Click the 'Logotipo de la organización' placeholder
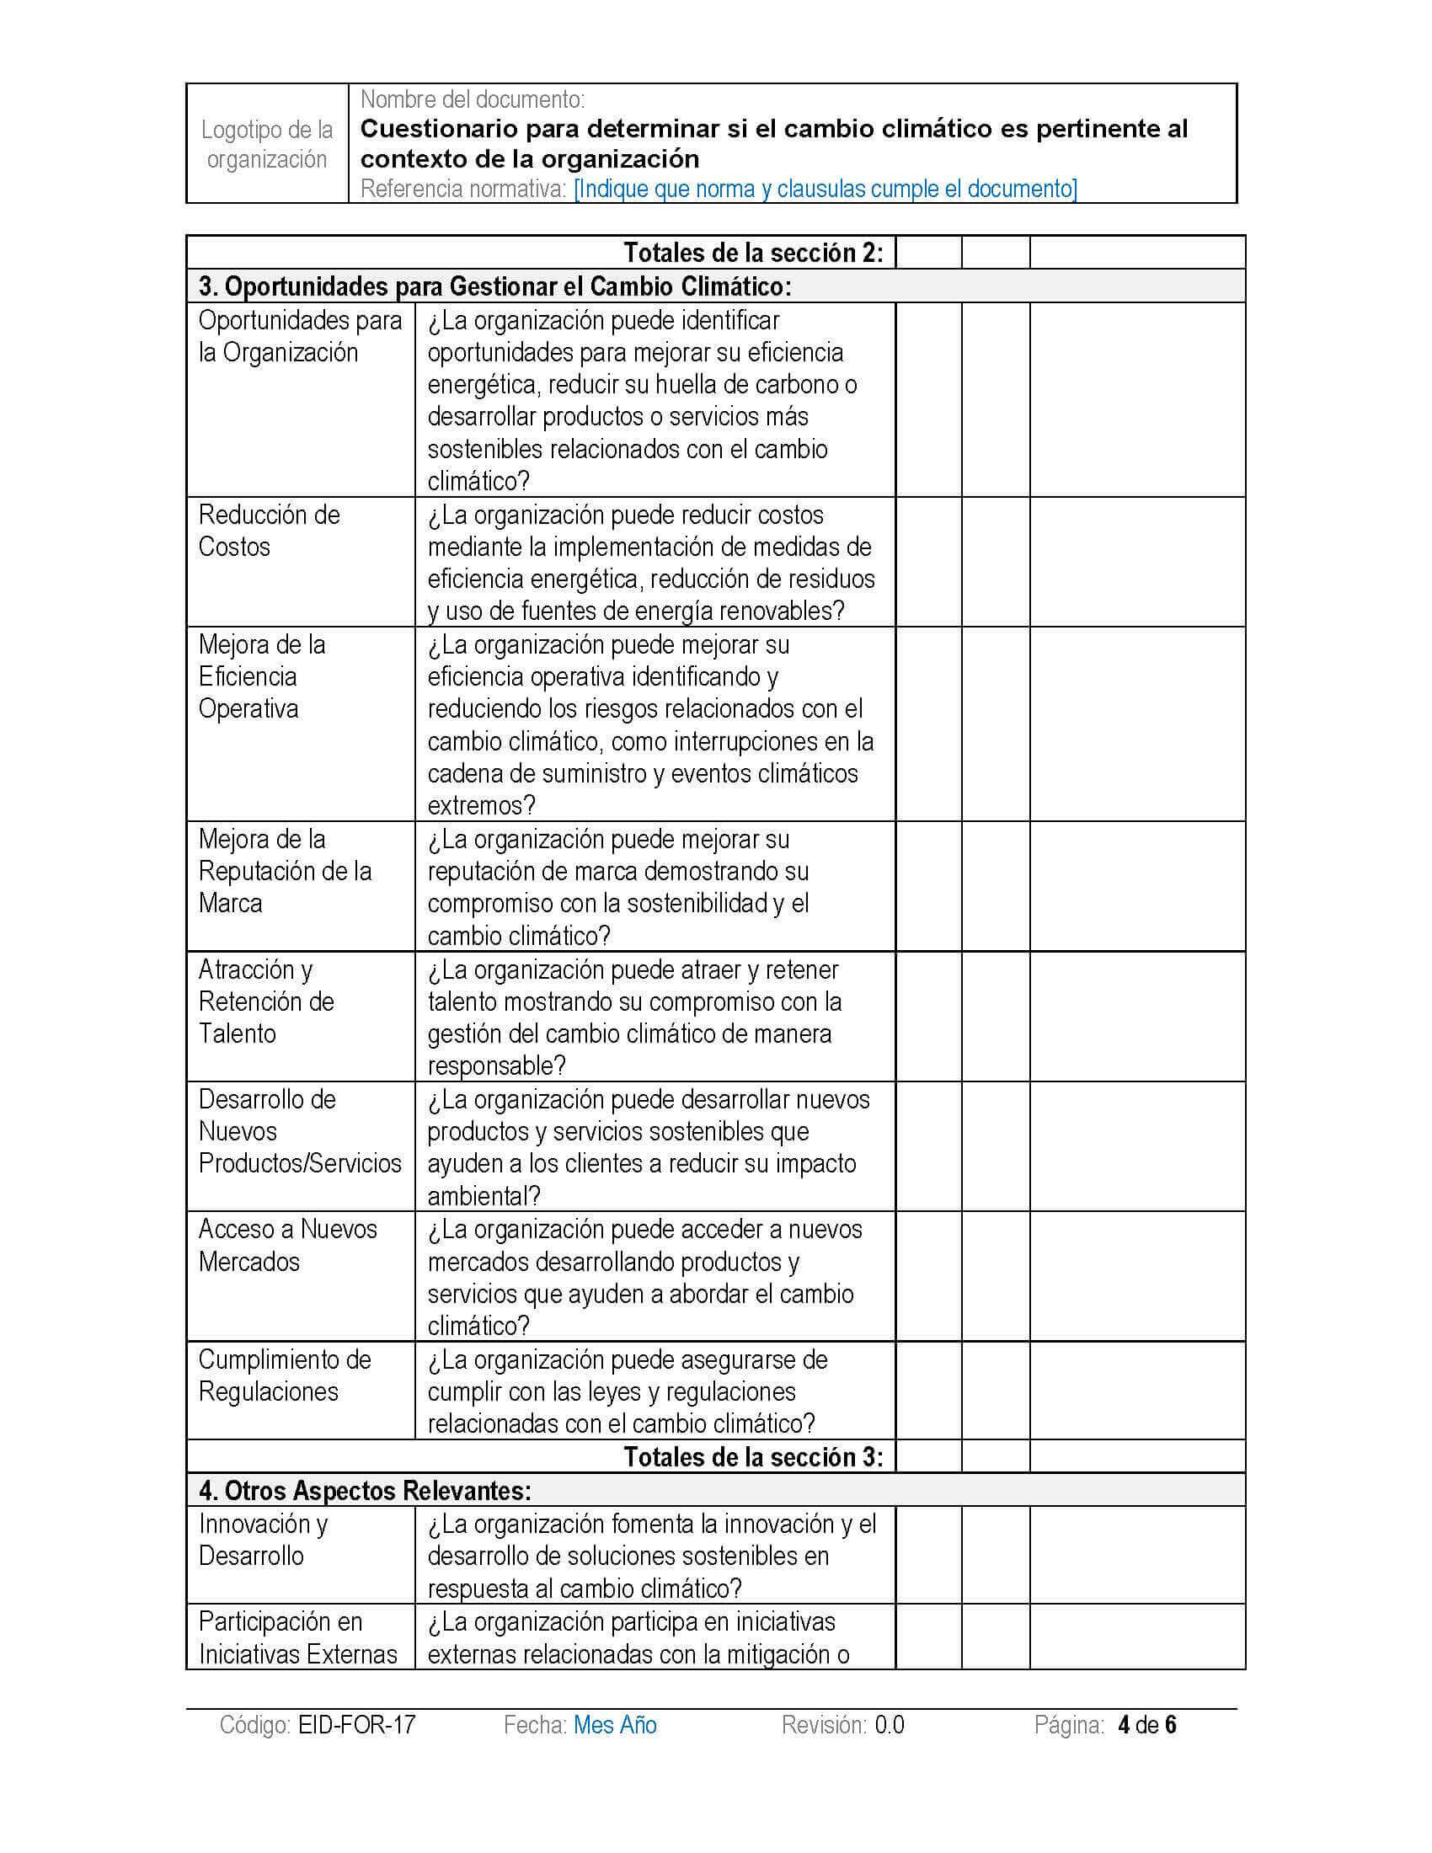(x=266, y=144)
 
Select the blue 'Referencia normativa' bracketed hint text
(x=826, y=189)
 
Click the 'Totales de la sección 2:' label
(x=753, y=253)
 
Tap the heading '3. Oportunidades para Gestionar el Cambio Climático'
(x=494, y=286)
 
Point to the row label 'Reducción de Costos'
(x=269, y=531)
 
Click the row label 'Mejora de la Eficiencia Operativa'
(x=261, y=676)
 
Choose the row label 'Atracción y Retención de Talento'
(x=265, y=1001)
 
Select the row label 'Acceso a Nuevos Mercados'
(x=286, y=1245)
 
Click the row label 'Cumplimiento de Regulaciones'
(x=284, y=1375)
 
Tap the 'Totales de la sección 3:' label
(x=753, y=1457)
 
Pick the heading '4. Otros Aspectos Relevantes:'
(x=365, y=1490)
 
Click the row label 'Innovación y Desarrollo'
(x=263, y=1539)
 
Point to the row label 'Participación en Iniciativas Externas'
(x=297, y=1637)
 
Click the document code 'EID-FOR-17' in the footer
(x=356, y=1725)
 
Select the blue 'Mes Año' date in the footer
(x=615, y=1725)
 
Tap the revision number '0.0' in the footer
(x=889, y=1725)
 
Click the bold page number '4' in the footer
(x=1124, y=1725)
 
